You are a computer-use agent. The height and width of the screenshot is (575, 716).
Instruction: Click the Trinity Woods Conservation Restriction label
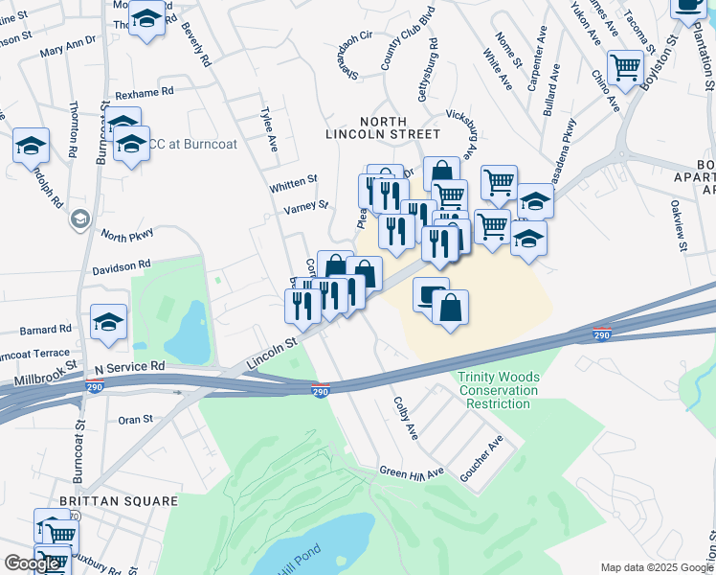498,390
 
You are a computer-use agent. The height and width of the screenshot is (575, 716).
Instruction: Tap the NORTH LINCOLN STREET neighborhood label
399,127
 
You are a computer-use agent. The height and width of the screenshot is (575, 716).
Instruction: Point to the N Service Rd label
129,367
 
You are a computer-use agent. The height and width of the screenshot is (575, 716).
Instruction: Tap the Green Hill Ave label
412,471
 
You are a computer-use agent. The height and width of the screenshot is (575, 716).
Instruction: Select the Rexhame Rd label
145,94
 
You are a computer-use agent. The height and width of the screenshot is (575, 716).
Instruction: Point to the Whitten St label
293,181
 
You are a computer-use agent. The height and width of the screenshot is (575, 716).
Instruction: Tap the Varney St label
306,205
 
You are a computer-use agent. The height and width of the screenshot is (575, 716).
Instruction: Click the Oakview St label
678,226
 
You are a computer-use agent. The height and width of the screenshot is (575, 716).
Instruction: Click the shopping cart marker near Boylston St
625,67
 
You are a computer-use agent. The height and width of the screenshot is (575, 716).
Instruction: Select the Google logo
32,563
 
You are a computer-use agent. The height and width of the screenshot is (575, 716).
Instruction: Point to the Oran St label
135,420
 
